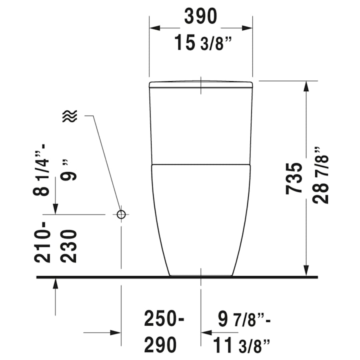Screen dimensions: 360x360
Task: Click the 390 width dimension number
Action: [200, 16]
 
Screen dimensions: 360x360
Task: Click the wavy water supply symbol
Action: [70, 116]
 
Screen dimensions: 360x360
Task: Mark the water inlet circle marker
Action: [122, 214]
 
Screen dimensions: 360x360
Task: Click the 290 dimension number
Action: [160, 345]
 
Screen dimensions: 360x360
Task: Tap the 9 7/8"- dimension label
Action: [244, 320]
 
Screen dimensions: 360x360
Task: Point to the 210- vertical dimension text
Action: [43, 242]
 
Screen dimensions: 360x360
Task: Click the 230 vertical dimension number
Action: [70, 246]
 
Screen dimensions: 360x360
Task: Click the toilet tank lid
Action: [200, 84]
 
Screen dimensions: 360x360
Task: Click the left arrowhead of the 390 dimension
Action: [154, 28]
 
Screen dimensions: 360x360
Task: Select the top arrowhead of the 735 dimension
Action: [306, 86]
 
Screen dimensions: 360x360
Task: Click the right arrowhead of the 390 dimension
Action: [248, 28]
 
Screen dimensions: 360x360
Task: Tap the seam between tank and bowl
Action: [200, 164]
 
